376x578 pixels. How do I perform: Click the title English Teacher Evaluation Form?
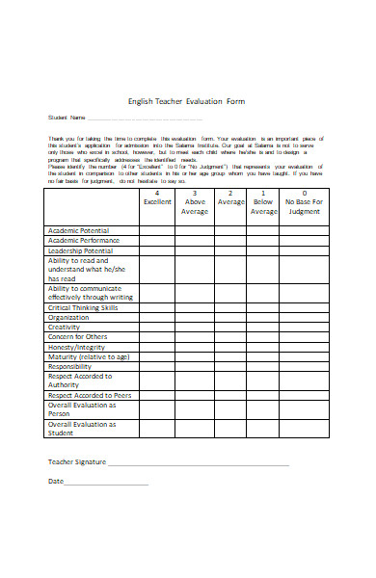point(188,98)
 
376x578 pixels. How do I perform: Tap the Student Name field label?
point(61,118)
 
